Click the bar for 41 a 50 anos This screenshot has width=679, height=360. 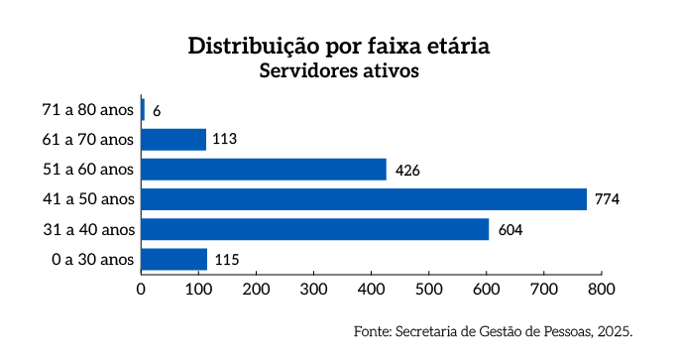point(364,199)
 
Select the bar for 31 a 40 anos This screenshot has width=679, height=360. point(315,229)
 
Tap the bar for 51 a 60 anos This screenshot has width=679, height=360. point(264,170)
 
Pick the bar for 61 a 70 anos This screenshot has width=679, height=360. point(173,140)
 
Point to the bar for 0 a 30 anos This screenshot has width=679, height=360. point(174,260)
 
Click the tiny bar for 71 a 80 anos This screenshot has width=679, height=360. point(143,110)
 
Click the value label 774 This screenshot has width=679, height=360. point(607,200)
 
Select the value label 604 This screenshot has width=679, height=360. point(509,230)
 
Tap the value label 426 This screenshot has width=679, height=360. point(407,171)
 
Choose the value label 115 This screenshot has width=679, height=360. point(226,261)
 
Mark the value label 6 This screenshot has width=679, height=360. point(157,111)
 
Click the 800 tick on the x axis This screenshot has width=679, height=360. point(601,290)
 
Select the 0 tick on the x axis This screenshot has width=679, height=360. point(141,290)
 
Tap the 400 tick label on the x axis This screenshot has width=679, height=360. point(371,290)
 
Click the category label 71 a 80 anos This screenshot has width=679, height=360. point(87,110)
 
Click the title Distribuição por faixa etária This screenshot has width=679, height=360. point(339,47)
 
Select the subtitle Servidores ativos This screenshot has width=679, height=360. point(339,71)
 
